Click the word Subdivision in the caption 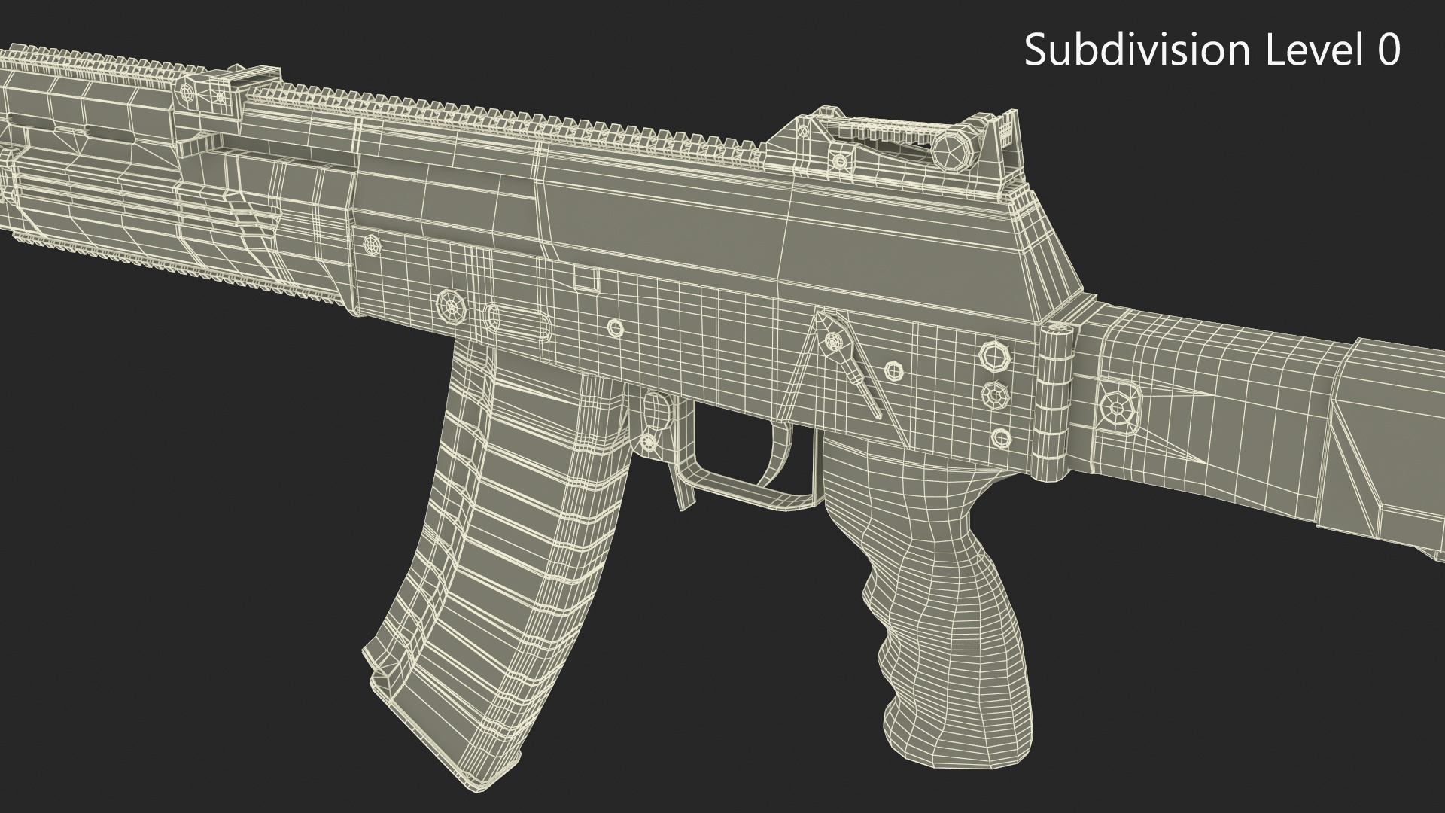tap(1137, 50)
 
